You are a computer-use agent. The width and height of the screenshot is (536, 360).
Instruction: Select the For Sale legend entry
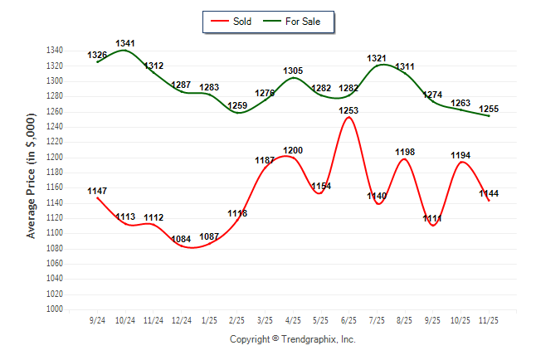coord(295,22)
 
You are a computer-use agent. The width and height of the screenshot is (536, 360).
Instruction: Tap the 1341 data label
coord(125,42)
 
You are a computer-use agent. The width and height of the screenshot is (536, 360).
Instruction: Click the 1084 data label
coord(181,239)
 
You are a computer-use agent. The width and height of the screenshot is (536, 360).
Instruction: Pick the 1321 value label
coord(377,58)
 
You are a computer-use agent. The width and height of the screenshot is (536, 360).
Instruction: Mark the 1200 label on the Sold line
coord(293,150)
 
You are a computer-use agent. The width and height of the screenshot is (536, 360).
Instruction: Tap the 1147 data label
coord(97,191)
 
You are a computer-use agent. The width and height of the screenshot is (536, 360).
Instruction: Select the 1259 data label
coord(237,105)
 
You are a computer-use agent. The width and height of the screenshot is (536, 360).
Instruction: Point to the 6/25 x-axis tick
coord(348,320)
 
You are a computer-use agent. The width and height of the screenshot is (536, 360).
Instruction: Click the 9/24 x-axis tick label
coord(97,320)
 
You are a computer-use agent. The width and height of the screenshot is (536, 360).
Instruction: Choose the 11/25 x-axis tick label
coord(489,320)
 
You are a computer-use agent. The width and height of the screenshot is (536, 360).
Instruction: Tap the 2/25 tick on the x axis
coord(237,320)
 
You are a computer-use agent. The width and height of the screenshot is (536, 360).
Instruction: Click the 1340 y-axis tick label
coord(55,51)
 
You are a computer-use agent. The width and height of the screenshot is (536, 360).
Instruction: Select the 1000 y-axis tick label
coord(55,309)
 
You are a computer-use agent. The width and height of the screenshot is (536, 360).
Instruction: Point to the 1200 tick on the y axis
coord(55,157)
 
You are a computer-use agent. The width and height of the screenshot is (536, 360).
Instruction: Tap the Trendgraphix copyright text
coord(292,339)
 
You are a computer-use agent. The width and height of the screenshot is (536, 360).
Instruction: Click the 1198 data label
coord(405,152)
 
